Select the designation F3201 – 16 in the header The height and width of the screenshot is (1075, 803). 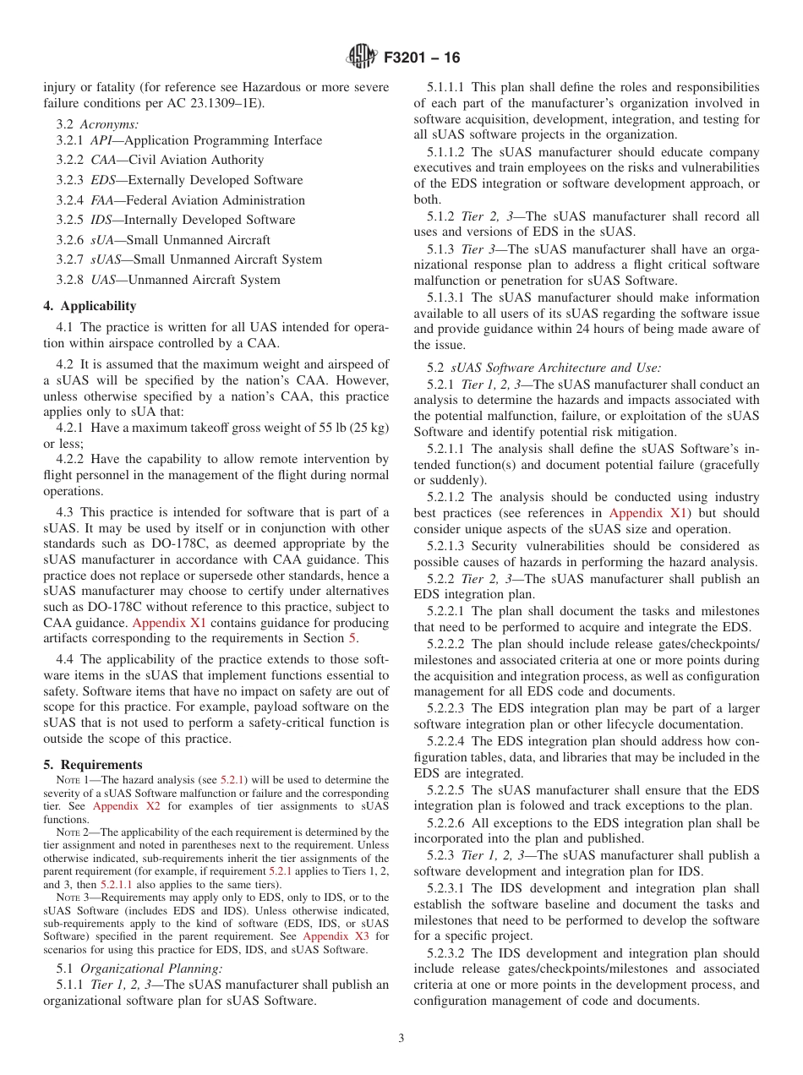click(x=422, y=58)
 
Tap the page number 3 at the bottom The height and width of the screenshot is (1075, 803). click(x=401, y=1039)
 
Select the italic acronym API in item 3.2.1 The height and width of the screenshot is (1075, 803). click(x=102, y=139)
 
